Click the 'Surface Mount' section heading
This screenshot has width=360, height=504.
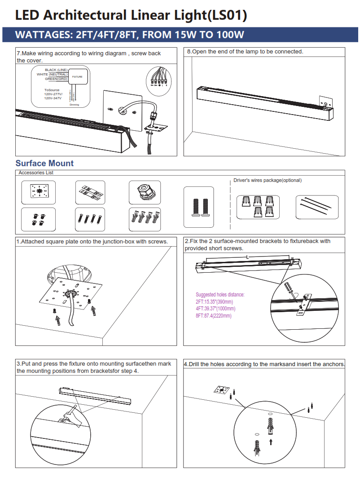click(44, 163)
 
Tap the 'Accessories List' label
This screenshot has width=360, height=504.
click(36, 172)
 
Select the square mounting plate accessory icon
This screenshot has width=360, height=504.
click(39, 192)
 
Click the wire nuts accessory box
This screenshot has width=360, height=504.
click(258, 207)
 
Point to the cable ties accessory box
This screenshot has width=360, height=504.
click(317, 207)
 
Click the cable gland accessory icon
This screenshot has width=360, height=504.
click(145, 192)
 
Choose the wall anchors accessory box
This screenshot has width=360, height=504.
click(145, 219)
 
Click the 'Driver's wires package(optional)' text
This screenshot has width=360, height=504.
click(268, 180)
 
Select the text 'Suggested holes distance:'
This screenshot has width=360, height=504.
click(220, 295)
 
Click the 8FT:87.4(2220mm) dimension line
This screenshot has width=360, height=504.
click(214, 316)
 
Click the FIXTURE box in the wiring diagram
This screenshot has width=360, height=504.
click(77, 77)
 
